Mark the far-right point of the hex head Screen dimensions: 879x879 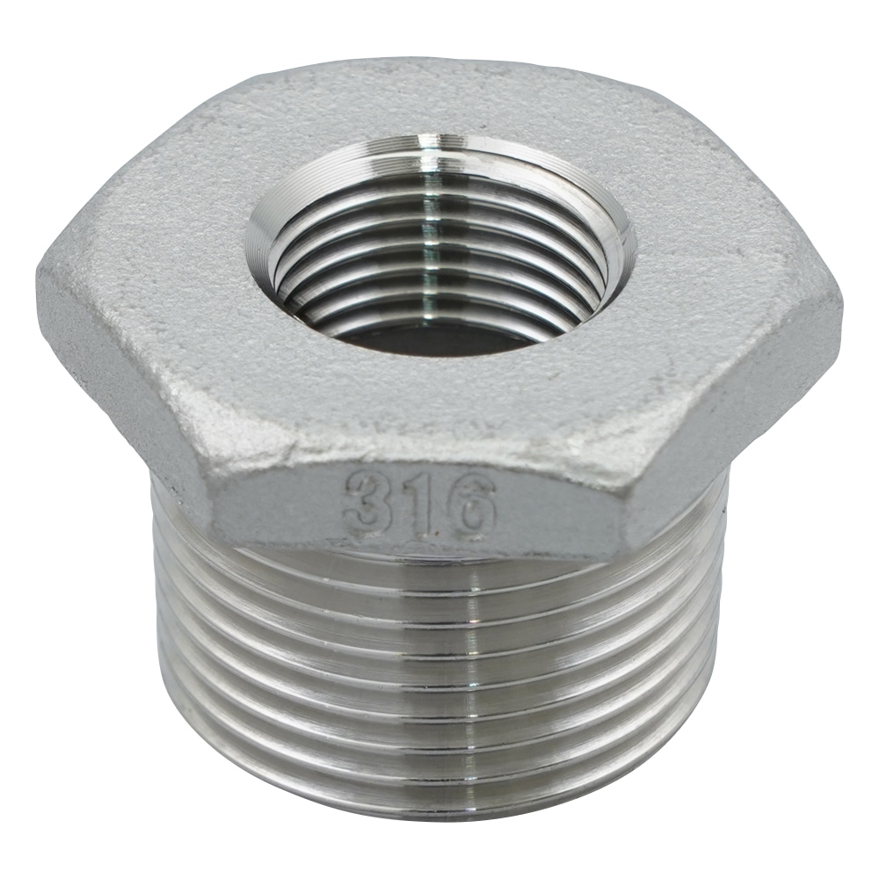pos(839,303)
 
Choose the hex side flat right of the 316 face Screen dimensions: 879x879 pos(756,413)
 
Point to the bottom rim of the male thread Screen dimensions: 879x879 pos(439,813)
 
